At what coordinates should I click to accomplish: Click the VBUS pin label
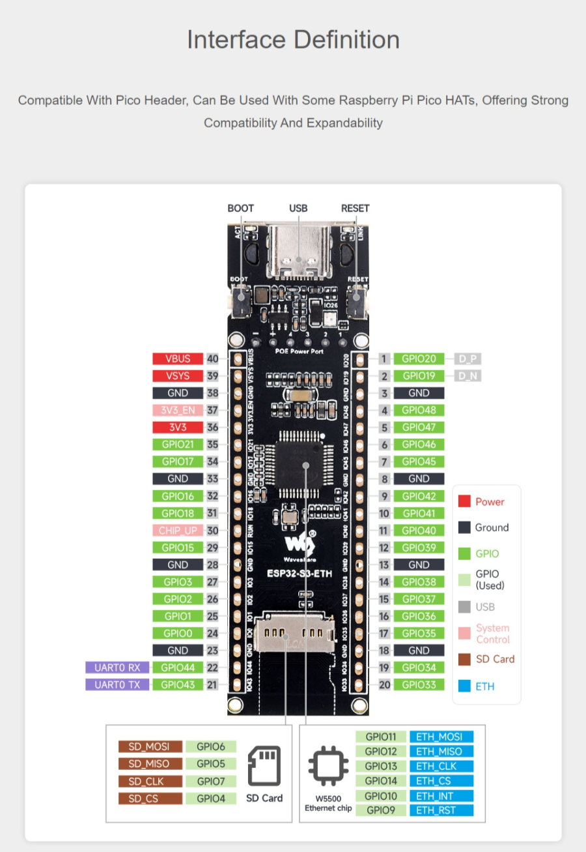pyautogui.click(x=178, y=359)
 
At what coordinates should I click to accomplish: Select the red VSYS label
pyautogui.click(x=178, y=376)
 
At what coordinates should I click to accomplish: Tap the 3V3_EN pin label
pyautogui.click(x=178, y=410)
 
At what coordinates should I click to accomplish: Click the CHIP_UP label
pyautogui.click(x=178, y=531)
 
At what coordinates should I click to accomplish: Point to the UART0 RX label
pyautogui.click(x=117, y=668)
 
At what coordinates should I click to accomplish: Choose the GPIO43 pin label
pyautogui.click(x=178, y=684)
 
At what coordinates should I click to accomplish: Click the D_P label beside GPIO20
pyautogui.click(x=468, y=359)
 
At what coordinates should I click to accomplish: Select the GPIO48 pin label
pyautogui.click(x=419, y=410)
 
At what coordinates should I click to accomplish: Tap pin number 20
pyautogui.click(x=385, y=684)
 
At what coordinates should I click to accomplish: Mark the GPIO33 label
pyautogui.click(x=419, y=684)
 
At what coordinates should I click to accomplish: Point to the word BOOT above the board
pyautogui.click(x=240, y=209)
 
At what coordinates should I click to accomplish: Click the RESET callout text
pyautogui.click(x=355, y=209)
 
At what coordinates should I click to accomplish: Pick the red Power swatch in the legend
pyautogui.click(x=464, y=501)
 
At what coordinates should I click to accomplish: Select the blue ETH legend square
pyautogui.click(x=464, y=686)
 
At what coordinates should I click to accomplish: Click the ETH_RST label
pyautogui.click(x=441, y=811)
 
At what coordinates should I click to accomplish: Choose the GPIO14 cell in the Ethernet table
pyautogui.click(x=381, y=781)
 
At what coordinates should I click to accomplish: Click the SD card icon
pyautogui.click(x=263, y=767)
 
